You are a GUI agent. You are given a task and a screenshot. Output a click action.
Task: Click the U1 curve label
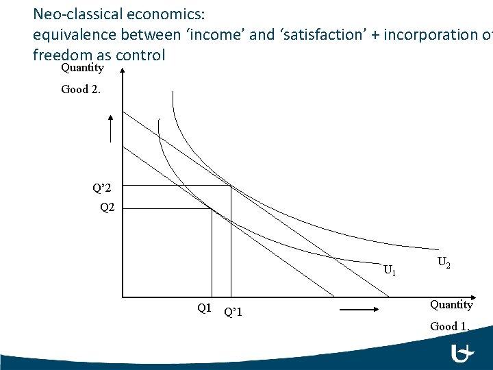point(390,270)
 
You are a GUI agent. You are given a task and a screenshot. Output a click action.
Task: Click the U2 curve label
point(443,261)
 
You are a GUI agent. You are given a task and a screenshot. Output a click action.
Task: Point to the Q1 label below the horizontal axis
point(204,308)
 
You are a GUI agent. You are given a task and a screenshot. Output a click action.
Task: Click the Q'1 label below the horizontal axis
point(233,312)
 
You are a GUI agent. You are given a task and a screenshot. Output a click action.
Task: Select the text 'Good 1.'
point(450,326)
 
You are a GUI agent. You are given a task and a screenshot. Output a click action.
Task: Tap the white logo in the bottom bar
point(465,354)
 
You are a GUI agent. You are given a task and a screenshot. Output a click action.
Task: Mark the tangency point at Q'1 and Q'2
point(231,186)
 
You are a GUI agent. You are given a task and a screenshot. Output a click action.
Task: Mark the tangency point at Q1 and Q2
point(212,208)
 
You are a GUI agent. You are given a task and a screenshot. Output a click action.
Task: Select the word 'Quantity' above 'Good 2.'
point(82,68)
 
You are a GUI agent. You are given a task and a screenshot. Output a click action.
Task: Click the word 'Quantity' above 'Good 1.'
point(451,304)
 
